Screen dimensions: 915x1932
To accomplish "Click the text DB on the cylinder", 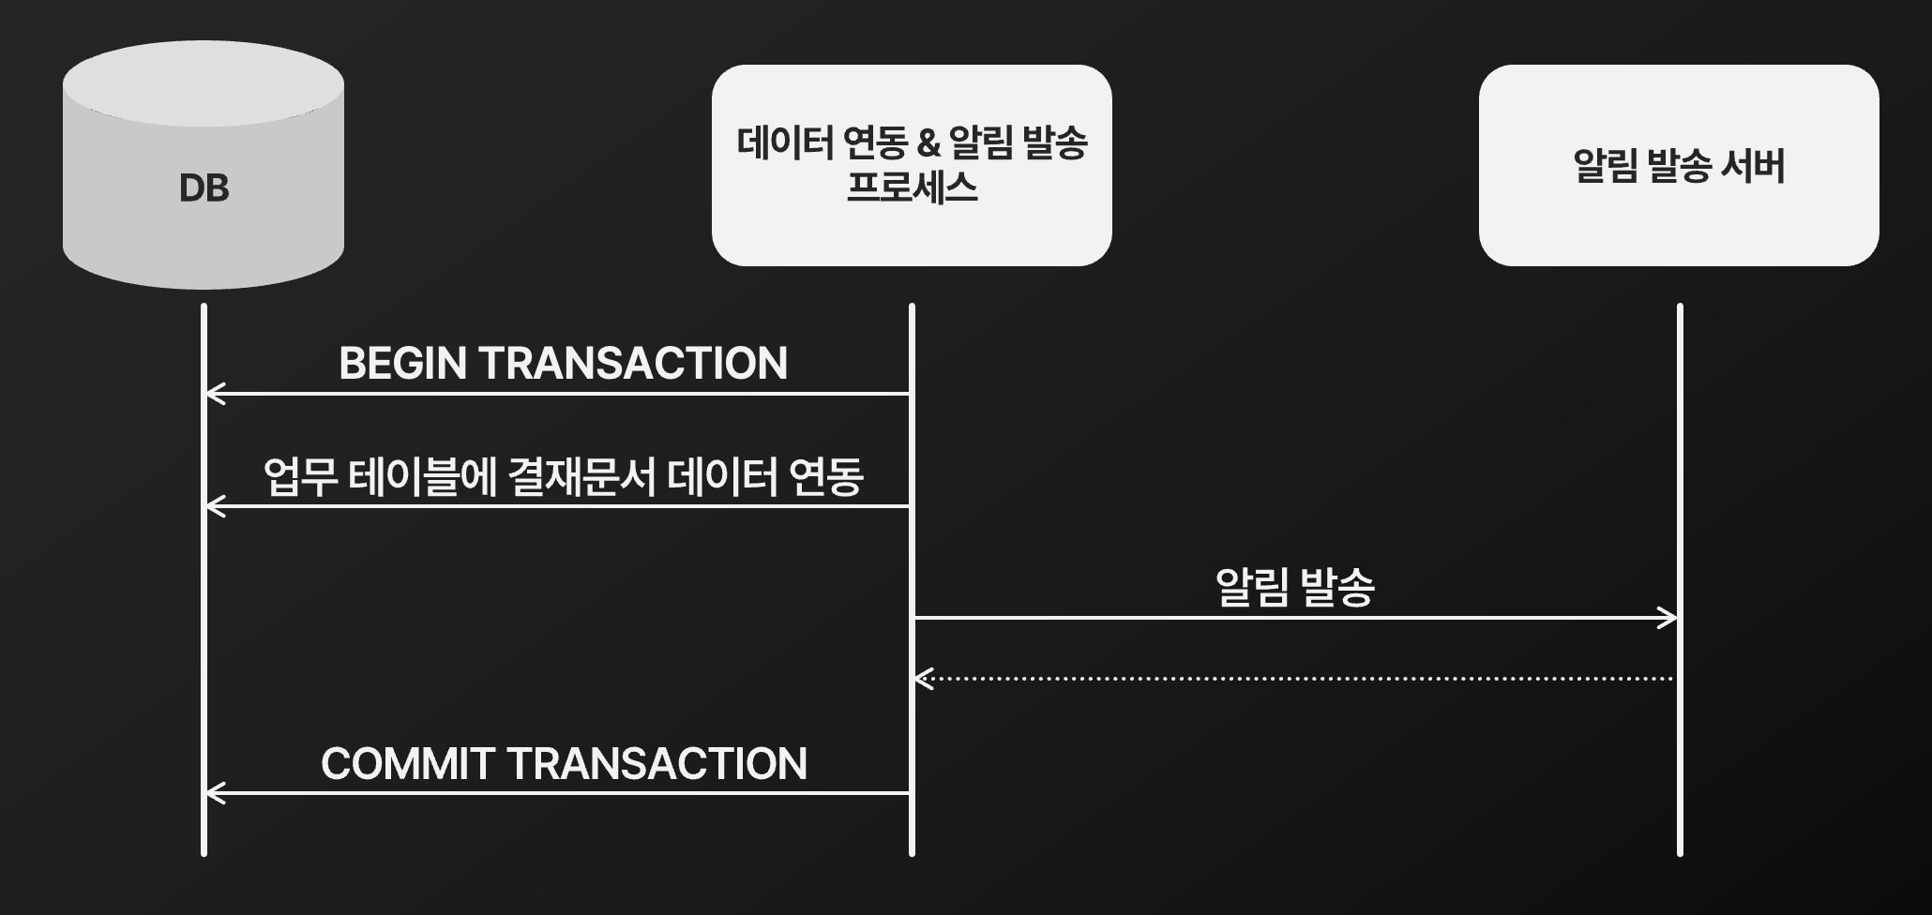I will pyautogui.click(x=204, y=188).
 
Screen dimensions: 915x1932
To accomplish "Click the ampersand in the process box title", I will pyautogui.click(x=928, y=142).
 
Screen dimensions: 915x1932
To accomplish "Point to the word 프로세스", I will pyautogui.click(x=912, y=187).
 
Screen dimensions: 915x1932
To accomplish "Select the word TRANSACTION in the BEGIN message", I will pyautogui.click(x=633, y=364).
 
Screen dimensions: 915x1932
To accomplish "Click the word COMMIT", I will pyautogui.click(x=407, y=764).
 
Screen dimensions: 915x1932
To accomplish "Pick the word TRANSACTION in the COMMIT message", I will pyautogui.click(x=657, y=764).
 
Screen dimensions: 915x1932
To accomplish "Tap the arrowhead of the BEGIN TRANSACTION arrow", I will pyautogui.click(x=213, y=394).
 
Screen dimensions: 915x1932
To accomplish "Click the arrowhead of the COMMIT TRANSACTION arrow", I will pyautogui.click(x=213, y=793).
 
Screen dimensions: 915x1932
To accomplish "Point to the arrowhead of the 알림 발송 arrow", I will pyautogui.click(x=1670, y=618).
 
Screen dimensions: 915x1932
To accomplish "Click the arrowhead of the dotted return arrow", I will pyautogui.click(x=922, y=678).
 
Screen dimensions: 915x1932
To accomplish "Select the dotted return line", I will pyautogui.click(x=1294, y=678).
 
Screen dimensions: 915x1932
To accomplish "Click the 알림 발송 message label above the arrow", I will pyautogui.click(x=1294, y=588).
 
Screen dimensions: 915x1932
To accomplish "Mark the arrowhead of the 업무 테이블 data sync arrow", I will pyautogui.click(x=213, y=506).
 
